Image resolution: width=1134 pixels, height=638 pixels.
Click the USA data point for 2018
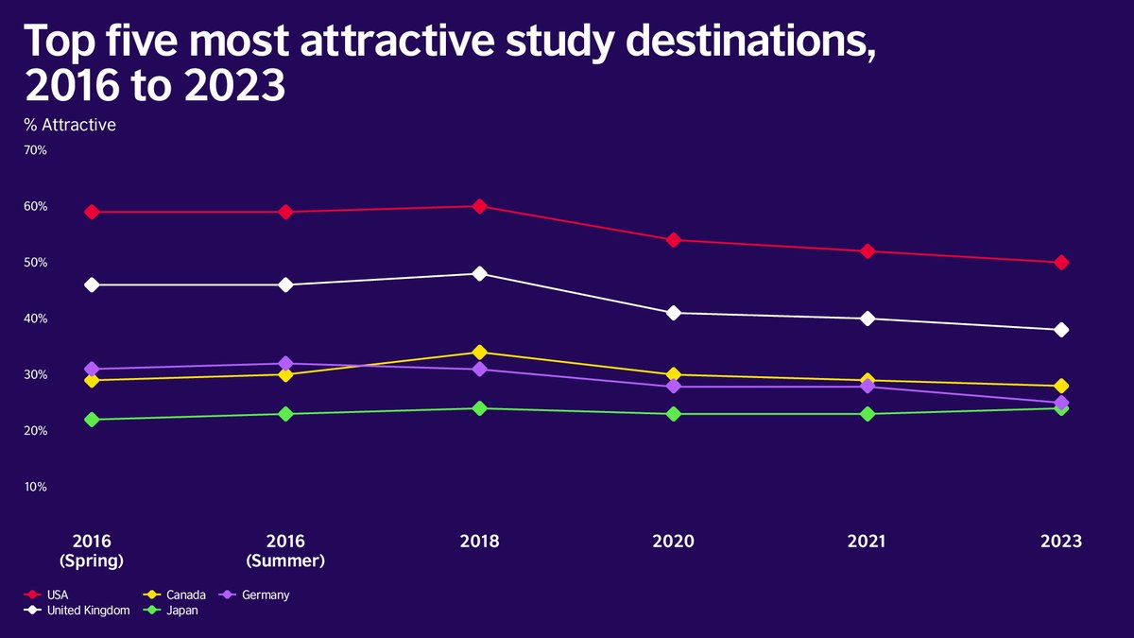[x=479, y=206]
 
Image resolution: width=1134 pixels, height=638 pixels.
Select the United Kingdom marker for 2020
[x=674, y=313]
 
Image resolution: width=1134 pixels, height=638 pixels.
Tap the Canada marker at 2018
[x=479, y=353]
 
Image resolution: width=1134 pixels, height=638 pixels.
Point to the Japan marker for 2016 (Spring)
[x=92, y=420]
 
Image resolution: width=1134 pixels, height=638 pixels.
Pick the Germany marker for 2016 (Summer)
[x=285, y=364]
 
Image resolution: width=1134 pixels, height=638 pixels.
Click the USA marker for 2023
[x=1061, y=263]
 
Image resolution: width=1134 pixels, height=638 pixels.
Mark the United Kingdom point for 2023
[x=1061, y=330]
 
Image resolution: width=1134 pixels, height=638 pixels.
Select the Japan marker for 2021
[x=867, y=414]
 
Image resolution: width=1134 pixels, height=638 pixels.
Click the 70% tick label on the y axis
[x=35, y=150]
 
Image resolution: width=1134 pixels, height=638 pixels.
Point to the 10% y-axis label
[x=35, y=487]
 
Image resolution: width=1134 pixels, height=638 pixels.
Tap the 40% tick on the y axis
[x=35, y=319]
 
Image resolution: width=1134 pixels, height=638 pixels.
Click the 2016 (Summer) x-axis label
[x=285, y=551]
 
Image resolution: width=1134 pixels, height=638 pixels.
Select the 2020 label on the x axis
[x=674, y=542]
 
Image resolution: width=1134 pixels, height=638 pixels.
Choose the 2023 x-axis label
[x=1061, y=542]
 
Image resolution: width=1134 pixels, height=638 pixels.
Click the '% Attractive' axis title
[x=71, y=124]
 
